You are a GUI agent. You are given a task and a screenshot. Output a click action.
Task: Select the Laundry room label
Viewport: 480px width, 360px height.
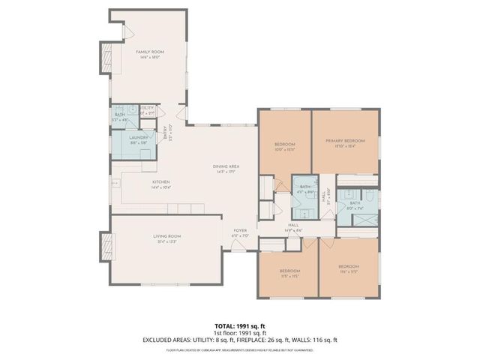[x=139, y=139]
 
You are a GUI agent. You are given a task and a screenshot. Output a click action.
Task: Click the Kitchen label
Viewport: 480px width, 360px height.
[x=161, y=184]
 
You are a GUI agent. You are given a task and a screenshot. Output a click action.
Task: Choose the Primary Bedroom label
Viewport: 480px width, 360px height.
[x=345, y=143]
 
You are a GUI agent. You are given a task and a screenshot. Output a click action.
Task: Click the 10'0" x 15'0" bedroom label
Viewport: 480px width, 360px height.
[x=284, y=146]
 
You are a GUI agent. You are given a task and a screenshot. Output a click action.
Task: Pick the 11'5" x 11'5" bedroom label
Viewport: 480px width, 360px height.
[x=289, y=272]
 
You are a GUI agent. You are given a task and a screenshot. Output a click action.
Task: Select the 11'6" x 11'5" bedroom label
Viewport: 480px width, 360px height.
[x=348, y=268]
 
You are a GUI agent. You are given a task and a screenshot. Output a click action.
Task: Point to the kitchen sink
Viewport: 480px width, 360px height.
[x=116, y=182]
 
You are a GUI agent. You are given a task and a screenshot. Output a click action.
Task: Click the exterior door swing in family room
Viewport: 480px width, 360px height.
[x=128, y=31]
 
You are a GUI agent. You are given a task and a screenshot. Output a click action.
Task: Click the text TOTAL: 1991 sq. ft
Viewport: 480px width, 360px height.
[x=239, y=325]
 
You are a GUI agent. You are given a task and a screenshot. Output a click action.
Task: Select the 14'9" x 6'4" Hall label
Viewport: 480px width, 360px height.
[x=293, y=227]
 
